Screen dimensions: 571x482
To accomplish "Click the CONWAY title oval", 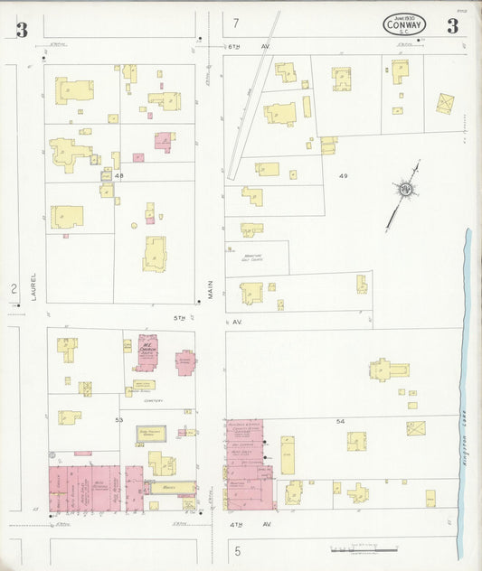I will click(404, 24).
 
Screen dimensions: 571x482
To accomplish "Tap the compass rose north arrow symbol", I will click(403, 190).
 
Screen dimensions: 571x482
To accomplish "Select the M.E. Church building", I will click(146, 349).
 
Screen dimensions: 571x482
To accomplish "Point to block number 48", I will click(118, 176).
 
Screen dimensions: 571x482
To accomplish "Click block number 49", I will click(344, 174).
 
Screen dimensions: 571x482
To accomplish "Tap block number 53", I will click(118, 420).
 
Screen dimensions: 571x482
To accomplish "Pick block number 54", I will click(340, 422).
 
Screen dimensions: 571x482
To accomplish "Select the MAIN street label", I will click(211, 289).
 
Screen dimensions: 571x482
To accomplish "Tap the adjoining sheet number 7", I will click(236, 23).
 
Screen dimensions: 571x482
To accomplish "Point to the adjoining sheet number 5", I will click(238, 549).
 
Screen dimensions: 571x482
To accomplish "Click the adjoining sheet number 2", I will click(14, 289).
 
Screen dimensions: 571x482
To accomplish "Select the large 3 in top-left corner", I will click(21, 29).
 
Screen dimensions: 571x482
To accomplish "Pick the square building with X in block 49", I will click(445, 103).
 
